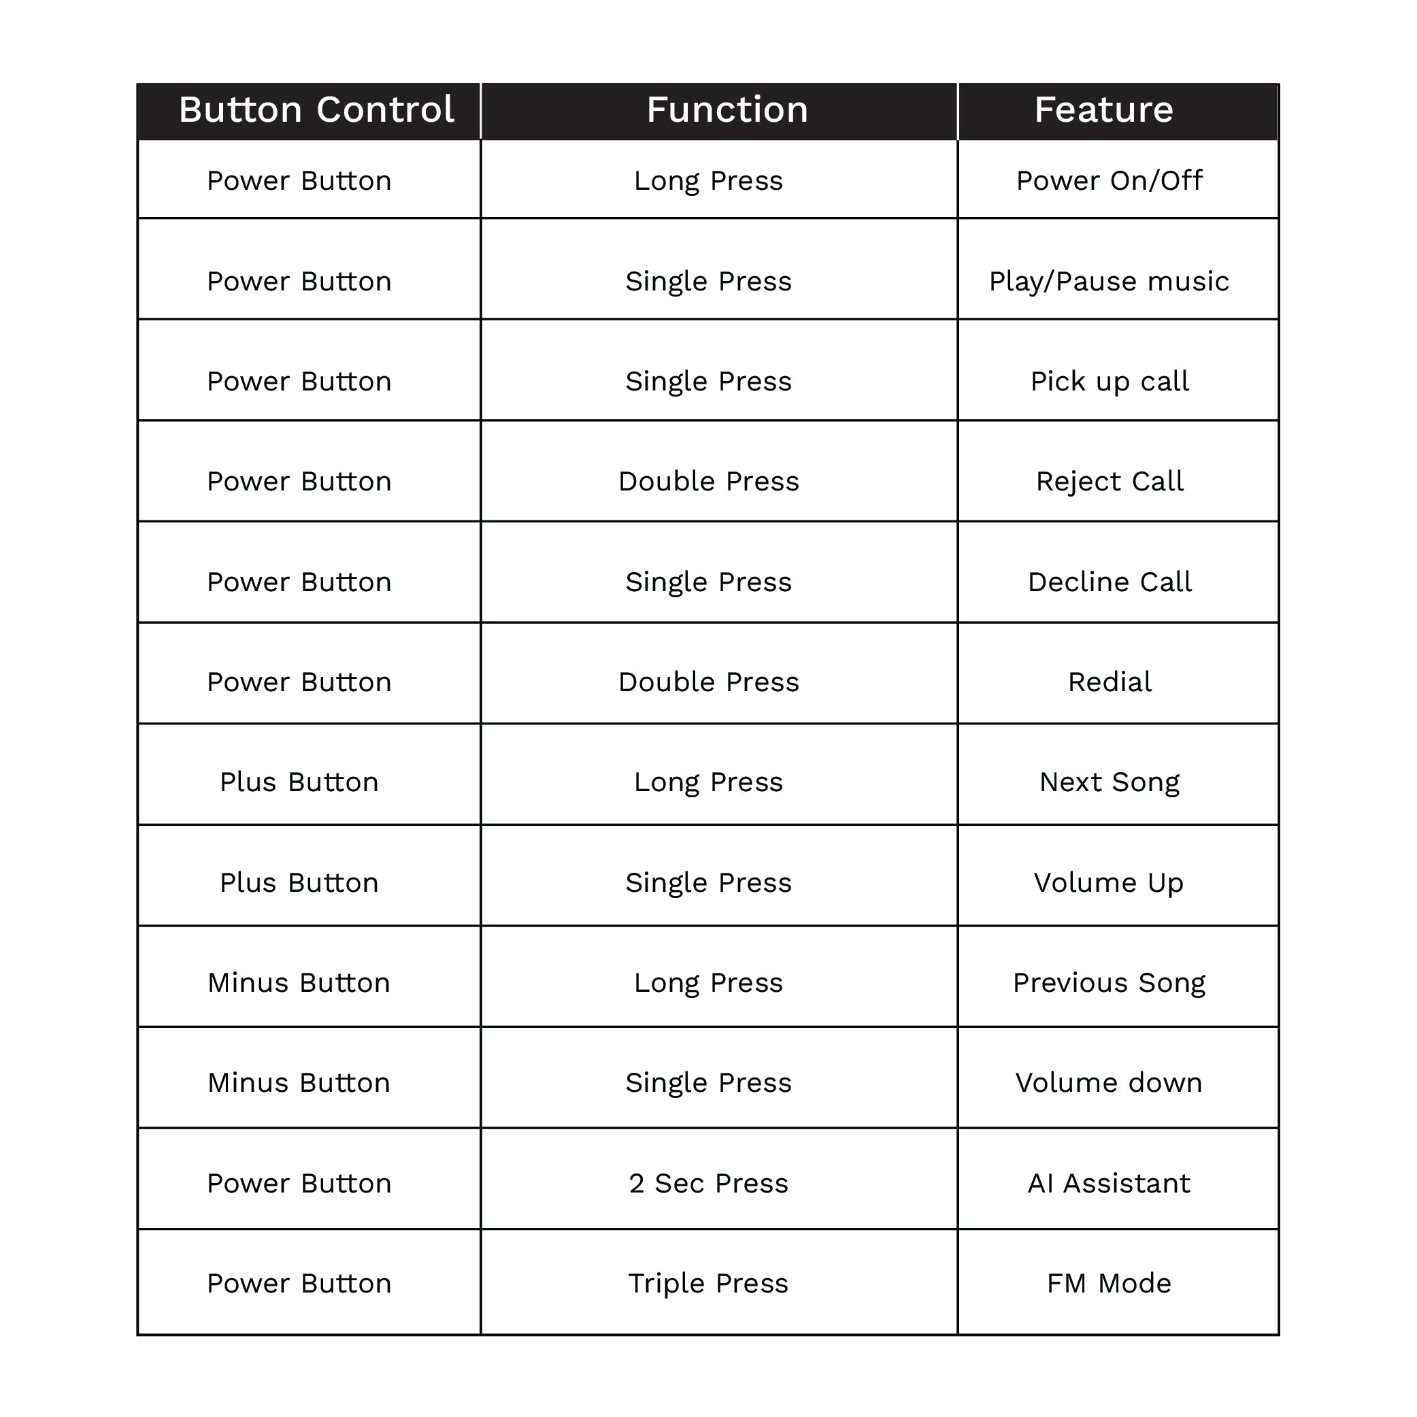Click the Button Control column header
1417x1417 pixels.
pyautogui.click(x=316, y=110)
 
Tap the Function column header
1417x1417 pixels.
pyautogui.click(x=727, y=110)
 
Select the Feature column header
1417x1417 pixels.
pyautogui.click(x=1103, y=110)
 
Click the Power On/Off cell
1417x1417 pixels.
pyautogui.click(x=1109, y=180)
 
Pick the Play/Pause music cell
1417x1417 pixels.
pyautogui.click(x=1109, y=281)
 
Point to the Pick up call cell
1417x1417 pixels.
pyautogui.click(x=1109, y=382)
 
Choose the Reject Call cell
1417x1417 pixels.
pyautogui.click(x=1109, y=482)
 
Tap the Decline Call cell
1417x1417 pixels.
pyautogui.click(x=1109, y=582)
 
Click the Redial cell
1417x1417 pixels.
pyautogui.click(x=1109, y=682)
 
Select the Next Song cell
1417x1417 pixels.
pyautogui.click(x=1109, y=782)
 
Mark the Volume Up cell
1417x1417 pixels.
pyautogui.click(x=1109, y=883)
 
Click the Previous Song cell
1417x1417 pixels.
pyautogui.click(x=1109, y=983)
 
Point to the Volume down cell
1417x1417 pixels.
pyautogui.click(x=1109, y=1083)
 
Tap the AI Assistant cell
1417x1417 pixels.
pyautogui.click(x=1109, y=1184)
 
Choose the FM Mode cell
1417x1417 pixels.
pyautogui.click(x=1109, y=1284)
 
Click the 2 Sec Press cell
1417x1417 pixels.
pyautogui.click(x=709, y=1184)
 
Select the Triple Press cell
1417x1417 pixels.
pyautogui.click(x=709, y=1284)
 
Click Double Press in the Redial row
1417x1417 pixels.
pyautogui.click(x=709, y=682)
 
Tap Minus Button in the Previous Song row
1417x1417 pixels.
pyautogui.click(x=299, y=983)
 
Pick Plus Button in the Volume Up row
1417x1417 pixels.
pyautogui.click(x=299, y=883)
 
